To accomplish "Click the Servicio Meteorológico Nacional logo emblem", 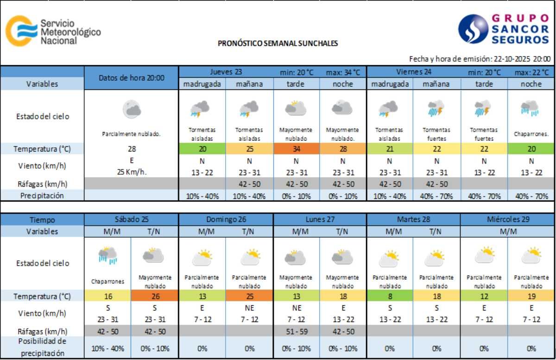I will tap(21, 31).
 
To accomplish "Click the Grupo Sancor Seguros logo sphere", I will tap(473, 29).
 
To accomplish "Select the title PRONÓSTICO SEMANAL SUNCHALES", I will tap(278, 44).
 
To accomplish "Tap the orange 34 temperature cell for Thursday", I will tap(296, 149).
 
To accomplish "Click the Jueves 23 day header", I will tap(226, 72).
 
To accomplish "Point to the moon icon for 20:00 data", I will tap(131, 109).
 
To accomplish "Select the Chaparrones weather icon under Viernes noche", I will tap(530, 108).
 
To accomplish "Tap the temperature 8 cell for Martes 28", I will tap(390, 296).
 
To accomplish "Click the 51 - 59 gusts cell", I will tap(296, 331).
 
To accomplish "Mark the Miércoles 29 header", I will tap(508, 219).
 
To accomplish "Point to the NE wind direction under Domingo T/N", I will tap(249, 308).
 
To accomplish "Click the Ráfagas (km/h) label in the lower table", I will tap(42, 331).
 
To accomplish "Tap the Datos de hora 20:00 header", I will tap(131, 78).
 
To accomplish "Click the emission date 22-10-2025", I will tap(512, 59).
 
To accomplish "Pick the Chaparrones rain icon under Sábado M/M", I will tap(107, 255).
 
